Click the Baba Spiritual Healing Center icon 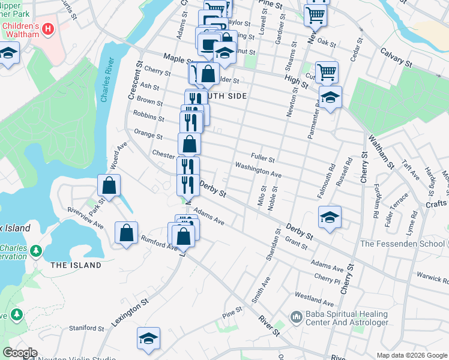pos(295,316)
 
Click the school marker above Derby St pos(330,217)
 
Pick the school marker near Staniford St pos(148,338)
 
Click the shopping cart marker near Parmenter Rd pos(327,72)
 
